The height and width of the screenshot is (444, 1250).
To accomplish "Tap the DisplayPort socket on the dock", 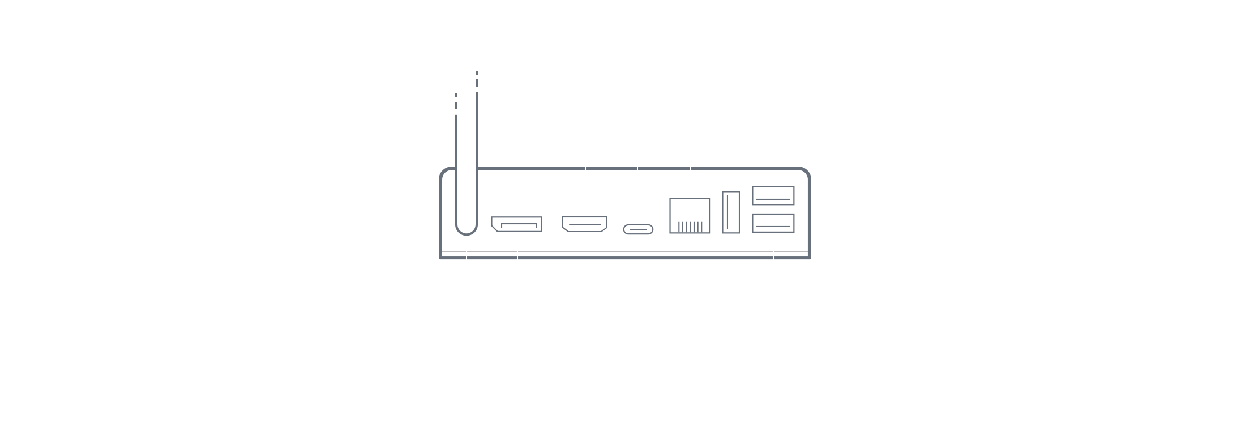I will pyautogui.click(x=516, y=224).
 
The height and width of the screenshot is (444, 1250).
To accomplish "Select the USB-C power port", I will pyautogui.click(x=638, y=229).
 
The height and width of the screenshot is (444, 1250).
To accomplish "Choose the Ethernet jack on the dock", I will pyautogui.click(x=690, y=216).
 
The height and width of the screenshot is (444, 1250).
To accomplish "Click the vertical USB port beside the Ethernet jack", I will pyautogui.click(x=731, y=212).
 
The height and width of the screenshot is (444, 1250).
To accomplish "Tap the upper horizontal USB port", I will pyautogui.click(x=773, y=195).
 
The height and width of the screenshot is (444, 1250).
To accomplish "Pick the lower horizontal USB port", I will pyautogui.click(x=773, y=223).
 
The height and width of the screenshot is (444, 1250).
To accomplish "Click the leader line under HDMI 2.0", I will pyautogui.click(x=585, y=170).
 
